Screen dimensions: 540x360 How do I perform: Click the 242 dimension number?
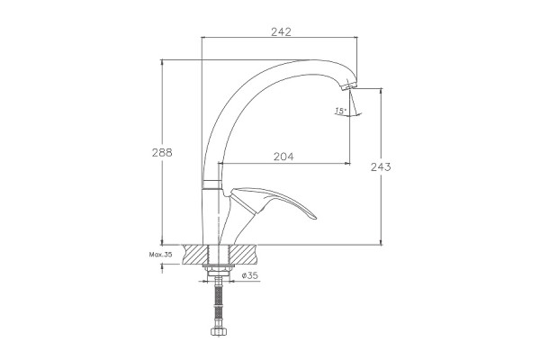(x=281, y=31)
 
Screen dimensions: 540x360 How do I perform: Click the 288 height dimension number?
(x=162, y=152)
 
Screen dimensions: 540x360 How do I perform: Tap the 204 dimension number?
(x=283, y=157)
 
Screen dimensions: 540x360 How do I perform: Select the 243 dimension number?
(x=381, y=167)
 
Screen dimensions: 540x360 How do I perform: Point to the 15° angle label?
(x=340, y=111)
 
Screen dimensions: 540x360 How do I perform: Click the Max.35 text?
(x=160, y=255)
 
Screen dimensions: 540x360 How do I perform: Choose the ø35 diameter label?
(x=249, y=275)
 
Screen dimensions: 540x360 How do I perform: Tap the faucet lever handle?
(x=272, y=202)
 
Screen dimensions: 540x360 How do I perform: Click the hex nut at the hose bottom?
(x=219, y=332)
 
